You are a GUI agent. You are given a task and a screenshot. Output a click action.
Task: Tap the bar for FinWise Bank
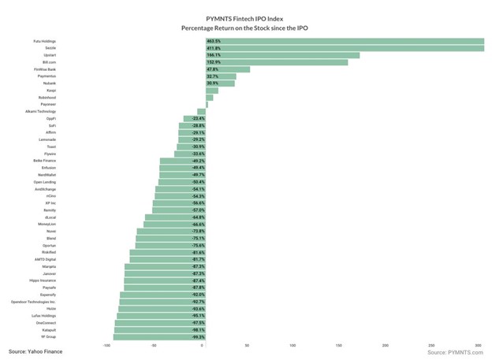coord(228,69)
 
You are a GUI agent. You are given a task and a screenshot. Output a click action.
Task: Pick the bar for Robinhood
coord(210,98)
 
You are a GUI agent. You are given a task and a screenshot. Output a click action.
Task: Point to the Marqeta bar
coord(166,265)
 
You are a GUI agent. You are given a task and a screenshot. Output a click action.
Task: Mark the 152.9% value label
coord(214,62)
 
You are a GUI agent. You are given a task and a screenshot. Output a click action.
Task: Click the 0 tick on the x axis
coord(203,346)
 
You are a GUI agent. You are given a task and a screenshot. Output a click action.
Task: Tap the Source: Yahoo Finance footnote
coord(35,351)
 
